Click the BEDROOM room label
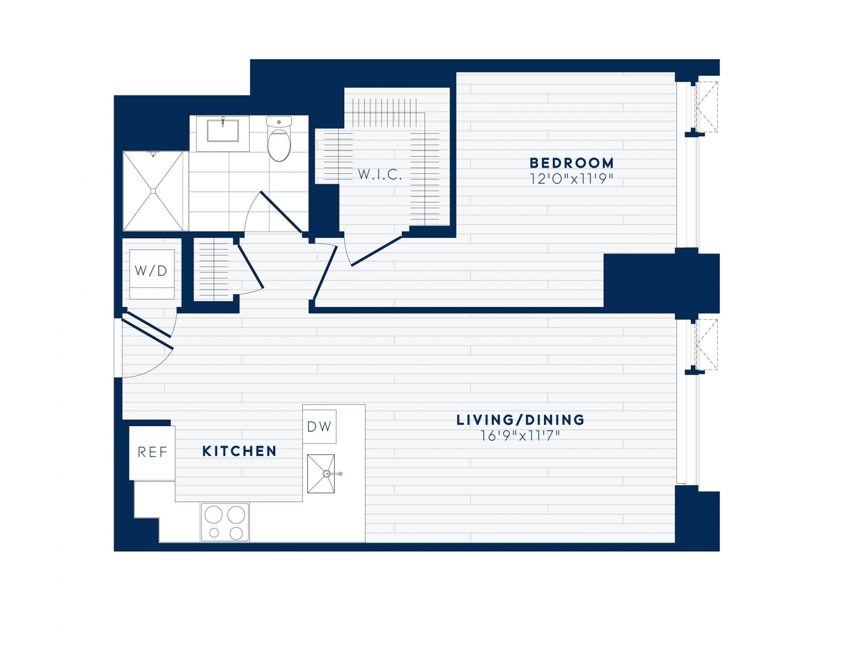(571, 163)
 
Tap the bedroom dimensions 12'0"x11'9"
(571, 179)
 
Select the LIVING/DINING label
(520, 420)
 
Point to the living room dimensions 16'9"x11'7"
(520, 436)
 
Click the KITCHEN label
(239, 451)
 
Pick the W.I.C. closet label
(380, 175)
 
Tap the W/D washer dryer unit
(152, 274)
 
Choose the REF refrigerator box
(152, 453)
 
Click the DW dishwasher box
(319, 427)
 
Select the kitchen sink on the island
(321, 474)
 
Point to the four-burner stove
(225, 522)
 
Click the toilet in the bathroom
(279, 139)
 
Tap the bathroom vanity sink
(223, 130)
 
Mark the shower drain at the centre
(153, 191)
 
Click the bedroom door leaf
(325, 272)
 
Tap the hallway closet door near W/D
(250, 266)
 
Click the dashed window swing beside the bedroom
(706, 107)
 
